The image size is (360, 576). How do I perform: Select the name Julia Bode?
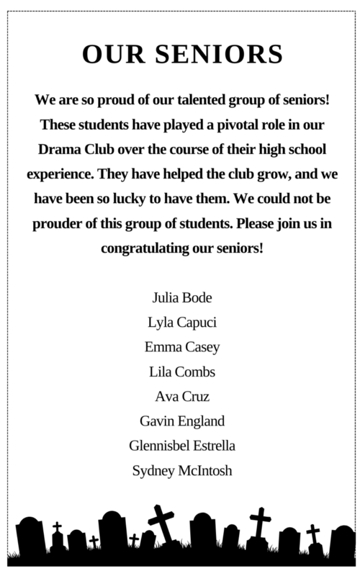180,297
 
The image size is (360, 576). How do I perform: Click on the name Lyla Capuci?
180,322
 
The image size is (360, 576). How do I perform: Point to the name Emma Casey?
180,347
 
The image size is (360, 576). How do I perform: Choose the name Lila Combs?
180,372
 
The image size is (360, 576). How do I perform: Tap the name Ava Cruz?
180,397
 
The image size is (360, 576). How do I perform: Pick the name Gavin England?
180,421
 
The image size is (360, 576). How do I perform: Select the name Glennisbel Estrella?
180,446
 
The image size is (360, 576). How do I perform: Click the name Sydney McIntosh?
180,472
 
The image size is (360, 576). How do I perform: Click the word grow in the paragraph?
248,174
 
